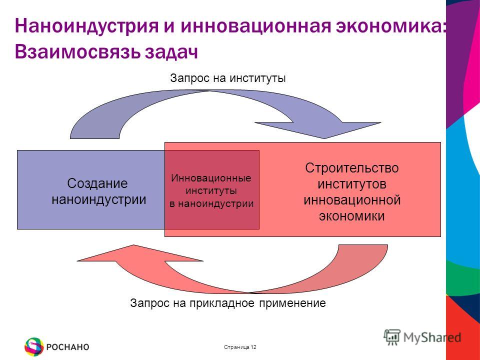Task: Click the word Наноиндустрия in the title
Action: [x=86, y=25]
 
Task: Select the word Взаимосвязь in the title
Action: [x=77, y=51]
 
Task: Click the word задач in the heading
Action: [x=171, y=52]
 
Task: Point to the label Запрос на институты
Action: [x=228, y=78]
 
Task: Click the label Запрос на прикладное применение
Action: [x=228, y=303]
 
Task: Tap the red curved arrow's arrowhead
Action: [x=139, y=253]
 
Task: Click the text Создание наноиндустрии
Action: [x=98, y=191]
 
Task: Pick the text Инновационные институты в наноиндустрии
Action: [x=211, y=190]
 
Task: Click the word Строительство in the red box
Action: [x=352, y=168]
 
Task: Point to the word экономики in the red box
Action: [x=352, y=216]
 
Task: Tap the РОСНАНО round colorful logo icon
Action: [x=34, y=347]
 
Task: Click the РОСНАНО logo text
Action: [x=67, y=347]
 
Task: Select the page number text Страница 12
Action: [x=240, y=347]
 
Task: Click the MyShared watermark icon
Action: [x=392, y=337]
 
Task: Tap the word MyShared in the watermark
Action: [x=432, y=337]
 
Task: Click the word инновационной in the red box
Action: [x=352, y=200]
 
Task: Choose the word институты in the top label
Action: [x=258, y=78]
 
